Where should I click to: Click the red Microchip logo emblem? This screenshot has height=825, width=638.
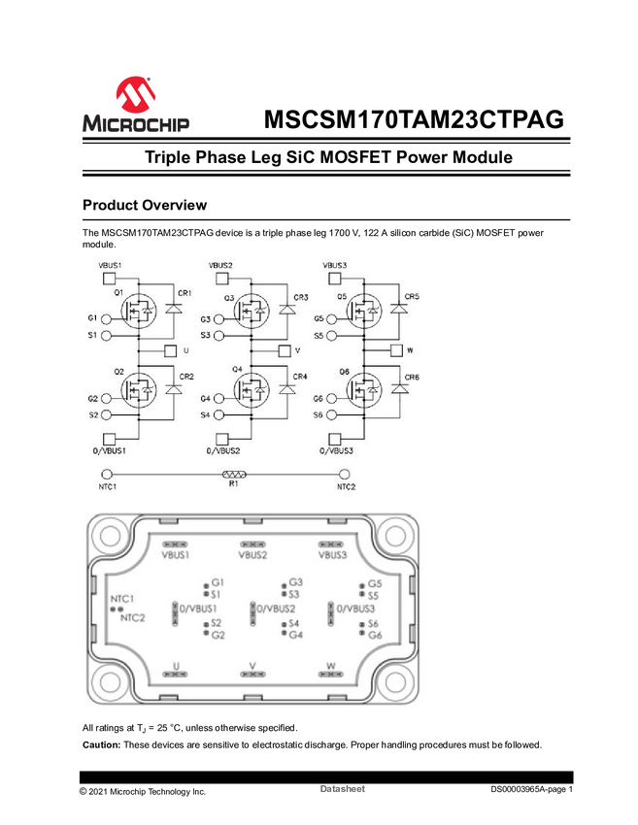pyautogui.click(x=134, y=94)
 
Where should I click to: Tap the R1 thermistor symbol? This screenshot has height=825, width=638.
pyautogui.click(x=234, y=475)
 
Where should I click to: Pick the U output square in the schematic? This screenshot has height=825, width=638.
pyautogui.click(x=170, y=350)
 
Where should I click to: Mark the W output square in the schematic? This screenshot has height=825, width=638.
pyautogui.click(x=396, y=350)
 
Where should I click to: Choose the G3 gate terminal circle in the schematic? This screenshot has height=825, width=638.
pyautogui.click(x=219, y=319)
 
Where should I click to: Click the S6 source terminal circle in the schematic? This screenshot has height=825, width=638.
pyautogui.click(x=333, y=415)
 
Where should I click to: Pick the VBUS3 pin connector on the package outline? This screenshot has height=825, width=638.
pyautogui.click(x=331, y=544)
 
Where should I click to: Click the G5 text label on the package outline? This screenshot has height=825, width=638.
pyautogui.click(x=374, y=584)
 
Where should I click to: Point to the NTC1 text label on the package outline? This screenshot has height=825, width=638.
pyautogui.click(x=121, y=599)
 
